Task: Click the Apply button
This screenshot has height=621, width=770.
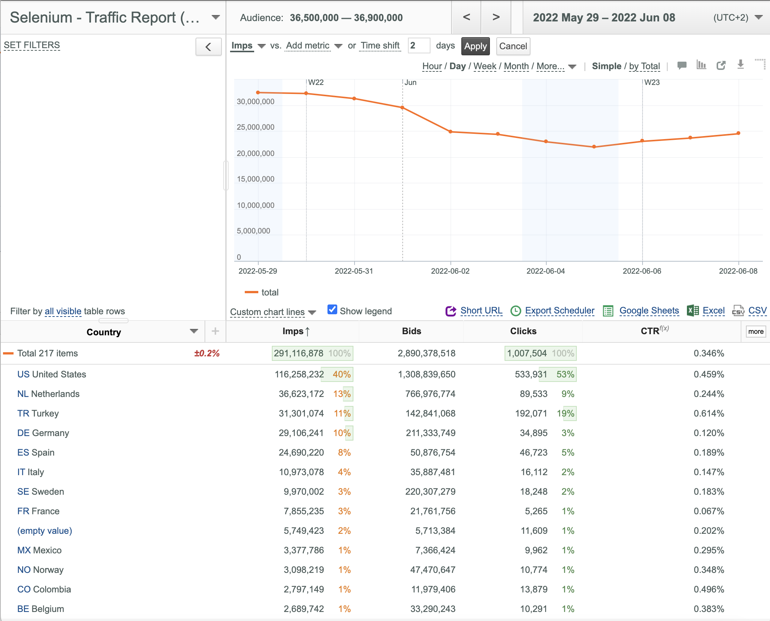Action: [x=475, y=46]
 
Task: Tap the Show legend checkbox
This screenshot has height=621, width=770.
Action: [x=332, y=309]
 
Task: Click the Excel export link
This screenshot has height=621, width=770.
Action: [x=714, y=310]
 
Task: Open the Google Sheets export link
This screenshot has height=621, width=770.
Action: [x=649, y=310]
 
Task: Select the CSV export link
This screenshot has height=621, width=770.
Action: [x=757, y=310]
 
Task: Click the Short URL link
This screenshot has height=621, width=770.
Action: [x=481, y=310]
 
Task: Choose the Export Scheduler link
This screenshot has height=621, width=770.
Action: [x=559, y=310]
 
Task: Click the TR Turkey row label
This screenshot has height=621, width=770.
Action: [x=38, y=413]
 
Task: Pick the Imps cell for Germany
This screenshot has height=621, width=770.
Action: [x=301, y=433]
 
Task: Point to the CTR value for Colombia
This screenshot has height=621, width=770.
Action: [x=709, y=589]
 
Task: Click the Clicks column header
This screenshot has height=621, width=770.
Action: [x=523, y=331]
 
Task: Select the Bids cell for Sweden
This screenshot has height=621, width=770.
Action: [x=430, y=492]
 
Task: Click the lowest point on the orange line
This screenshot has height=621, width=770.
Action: [x=594, y=147]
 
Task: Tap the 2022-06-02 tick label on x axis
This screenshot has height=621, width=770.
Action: [x=450, y=271]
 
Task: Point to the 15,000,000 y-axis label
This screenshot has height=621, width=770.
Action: [x=255, y=179]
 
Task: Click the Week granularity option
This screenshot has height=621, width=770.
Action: [x=485, y=66]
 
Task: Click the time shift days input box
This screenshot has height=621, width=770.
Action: [x=419, y=46]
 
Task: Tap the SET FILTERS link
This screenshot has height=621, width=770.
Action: [x=32, y=45]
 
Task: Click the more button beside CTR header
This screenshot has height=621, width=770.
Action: [x=756, y=332]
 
